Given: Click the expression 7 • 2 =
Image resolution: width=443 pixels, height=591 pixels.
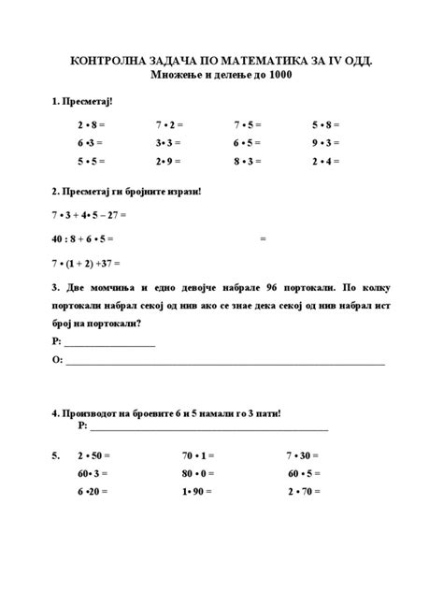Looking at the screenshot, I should [169, 124].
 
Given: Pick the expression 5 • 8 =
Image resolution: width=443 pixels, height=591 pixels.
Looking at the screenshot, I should [325, 124].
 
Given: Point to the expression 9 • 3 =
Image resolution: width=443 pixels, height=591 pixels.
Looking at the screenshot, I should [325, 143].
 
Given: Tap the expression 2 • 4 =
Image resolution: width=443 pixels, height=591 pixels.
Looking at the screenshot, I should [325, 161].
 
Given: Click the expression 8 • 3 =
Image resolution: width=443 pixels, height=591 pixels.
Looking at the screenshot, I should [248, 161].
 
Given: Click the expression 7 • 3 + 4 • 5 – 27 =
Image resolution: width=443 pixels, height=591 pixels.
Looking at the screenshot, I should [89, 215].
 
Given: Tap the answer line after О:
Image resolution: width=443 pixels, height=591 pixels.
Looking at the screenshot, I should [224, 360].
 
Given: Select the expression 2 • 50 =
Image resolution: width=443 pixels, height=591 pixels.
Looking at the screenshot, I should [93, 455].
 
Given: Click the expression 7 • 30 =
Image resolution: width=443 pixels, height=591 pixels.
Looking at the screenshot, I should [303, 455].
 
